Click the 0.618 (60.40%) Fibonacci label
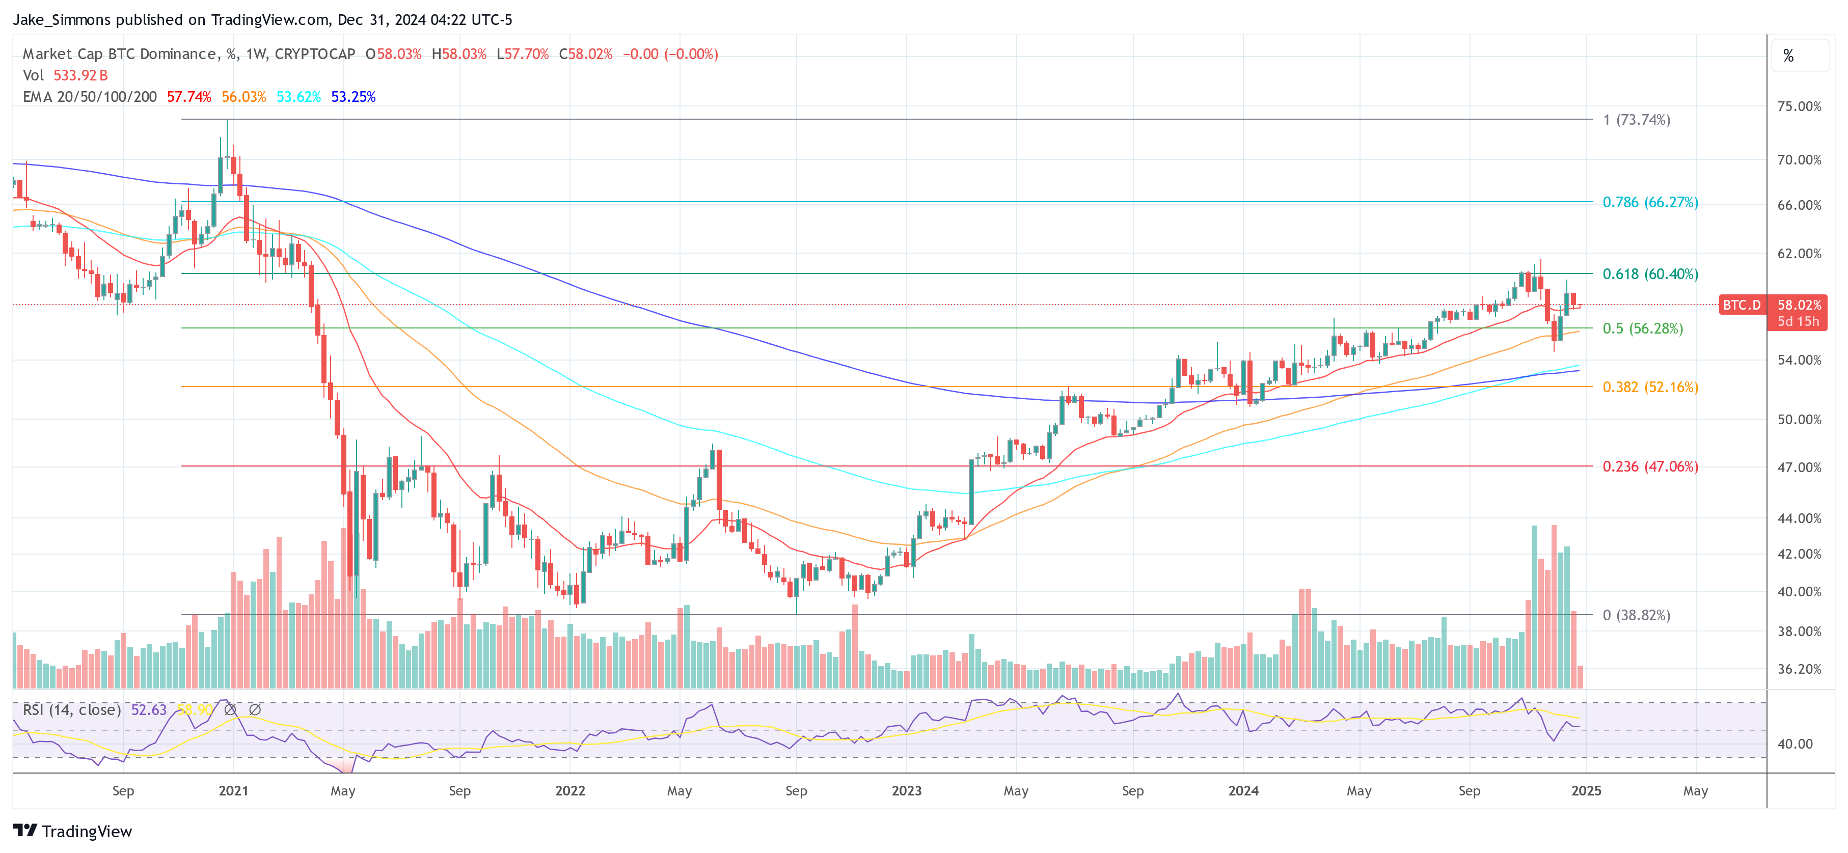pyautogui.click(x=1650, y=274)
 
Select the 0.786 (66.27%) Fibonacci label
pyautogui.click(x=1650, y=202)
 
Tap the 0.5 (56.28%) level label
pyautogui.click(x=1642, y=328)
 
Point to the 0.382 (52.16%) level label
pyautogui.click(x=1650, y=388)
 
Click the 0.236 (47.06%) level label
pyautogui.click(x=1650, y=467)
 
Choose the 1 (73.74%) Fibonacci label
pyautogui.click(x=1637, y=120)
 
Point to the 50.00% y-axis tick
pyautogui.click(x=1799, y=420)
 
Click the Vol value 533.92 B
pyautogui.click(x=80, y=75)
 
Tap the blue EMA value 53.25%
pyautogui.click(x=353, y=97)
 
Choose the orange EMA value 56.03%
pyautogui.click(x=243, y=97)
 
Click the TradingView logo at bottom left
pyautogui.click(x=72, y=832)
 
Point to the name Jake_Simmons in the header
pyautogui.click(x=62, y=20)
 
